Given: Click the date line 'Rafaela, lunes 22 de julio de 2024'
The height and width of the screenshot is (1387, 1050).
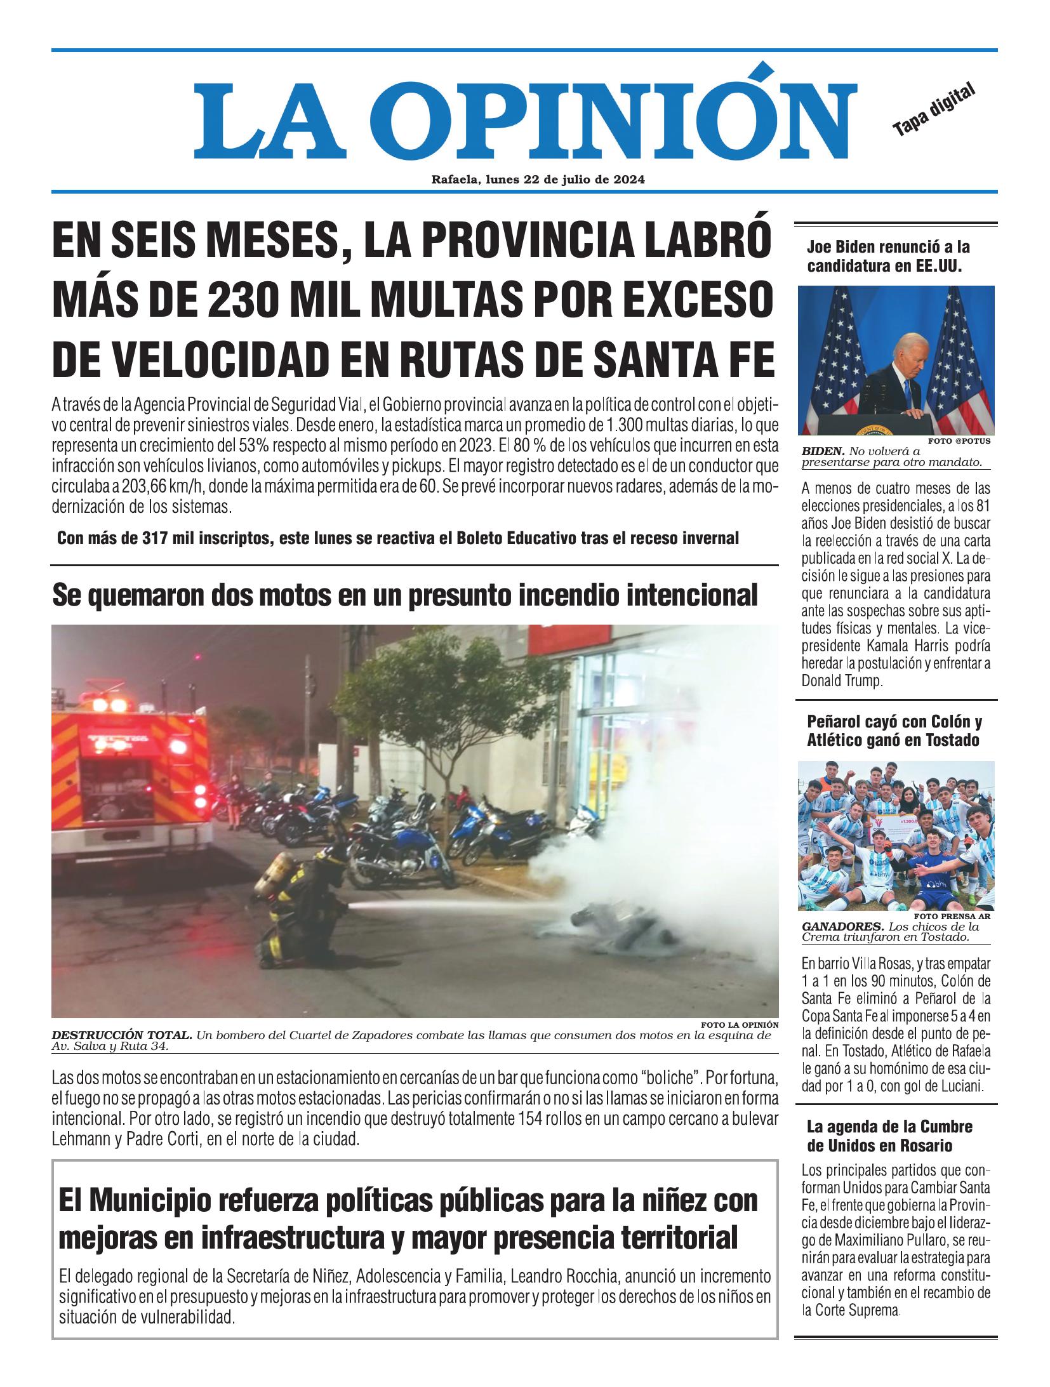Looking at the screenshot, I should [538, 180].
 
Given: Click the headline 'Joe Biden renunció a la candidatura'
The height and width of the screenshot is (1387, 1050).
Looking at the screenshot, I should [888, 256].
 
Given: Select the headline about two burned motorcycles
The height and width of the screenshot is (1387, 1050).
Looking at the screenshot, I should [405, 595].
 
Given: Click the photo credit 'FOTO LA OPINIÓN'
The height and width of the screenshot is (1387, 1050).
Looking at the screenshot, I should [740, 1025].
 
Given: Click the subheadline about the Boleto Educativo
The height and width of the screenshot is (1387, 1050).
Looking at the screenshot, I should [398, 538].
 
